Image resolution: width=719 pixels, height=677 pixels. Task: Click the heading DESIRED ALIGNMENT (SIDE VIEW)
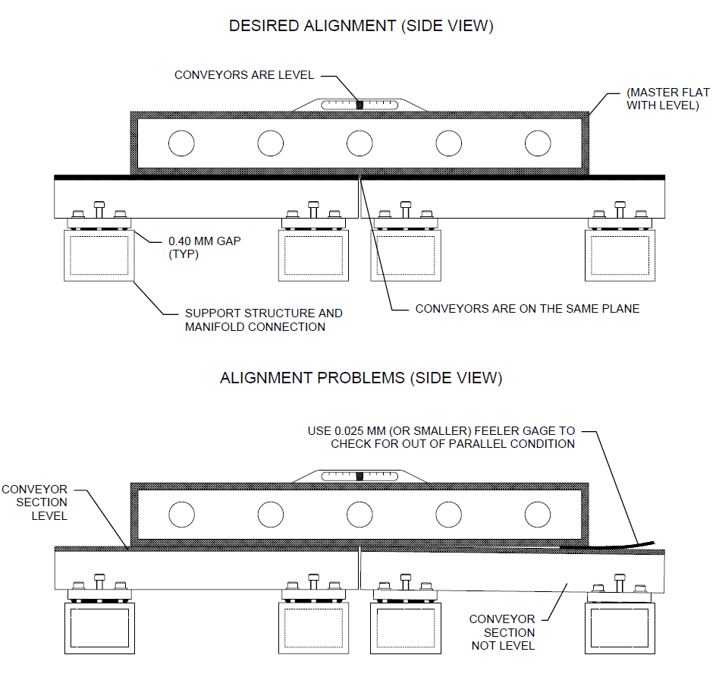(361, 26)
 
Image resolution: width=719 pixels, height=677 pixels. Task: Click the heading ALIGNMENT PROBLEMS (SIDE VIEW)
(361, 377)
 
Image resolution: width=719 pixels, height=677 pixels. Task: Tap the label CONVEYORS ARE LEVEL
(244, 75)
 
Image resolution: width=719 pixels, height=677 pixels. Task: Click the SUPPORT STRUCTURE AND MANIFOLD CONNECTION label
(263, 320)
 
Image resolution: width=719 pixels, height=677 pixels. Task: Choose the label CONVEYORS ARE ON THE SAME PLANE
(527, 309)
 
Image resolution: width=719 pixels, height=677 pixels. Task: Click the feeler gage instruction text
(441, 437)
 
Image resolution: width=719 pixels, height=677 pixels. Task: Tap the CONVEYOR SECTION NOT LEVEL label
(502, 632)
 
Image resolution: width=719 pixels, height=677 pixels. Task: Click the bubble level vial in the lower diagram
(360, 476)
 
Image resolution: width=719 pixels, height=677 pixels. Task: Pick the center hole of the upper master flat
(360, 143)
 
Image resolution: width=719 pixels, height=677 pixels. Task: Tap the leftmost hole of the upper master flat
(181, 143)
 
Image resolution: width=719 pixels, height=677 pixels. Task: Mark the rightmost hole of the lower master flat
(538, 515)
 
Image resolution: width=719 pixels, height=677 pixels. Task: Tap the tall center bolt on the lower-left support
(99, 582)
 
